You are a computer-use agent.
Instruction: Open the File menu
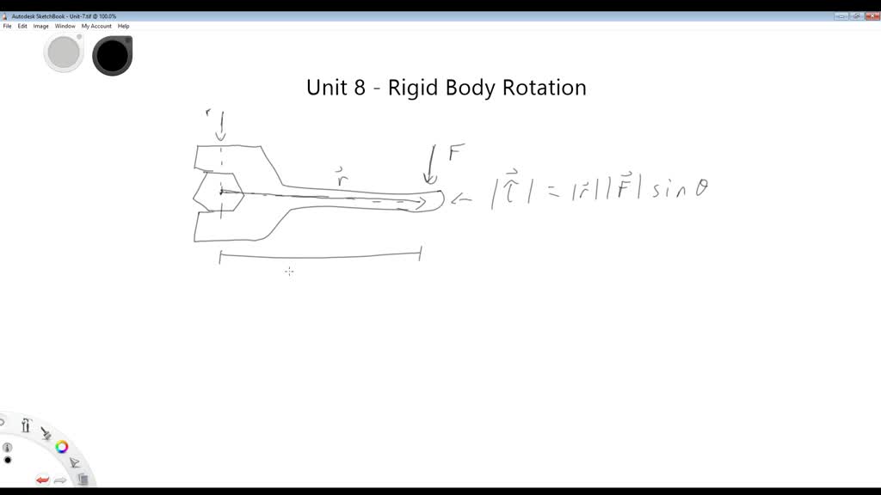point(7,26)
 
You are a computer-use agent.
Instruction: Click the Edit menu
point(22,26)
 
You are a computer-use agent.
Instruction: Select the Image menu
point(40,26)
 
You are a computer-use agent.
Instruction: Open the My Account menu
point(96,26)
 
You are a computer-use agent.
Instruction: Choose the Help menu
point(124,26)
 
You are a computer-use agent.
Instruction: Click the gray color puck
point(64,53)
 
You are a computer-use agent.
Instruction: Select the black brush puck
point(112,55)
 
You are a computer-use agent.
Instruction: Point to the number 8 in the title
point(360,88)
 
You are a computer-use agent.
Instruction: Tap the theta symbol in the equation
point(701,189)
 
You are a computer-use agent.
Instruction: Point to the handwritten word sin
point(668,190)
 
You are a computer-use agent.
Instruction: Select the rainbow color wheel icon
point(62,447)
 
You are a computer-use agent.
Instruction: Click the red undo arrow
point(42,480)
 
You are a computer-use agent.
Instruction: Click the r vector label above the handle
point(342,179)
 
